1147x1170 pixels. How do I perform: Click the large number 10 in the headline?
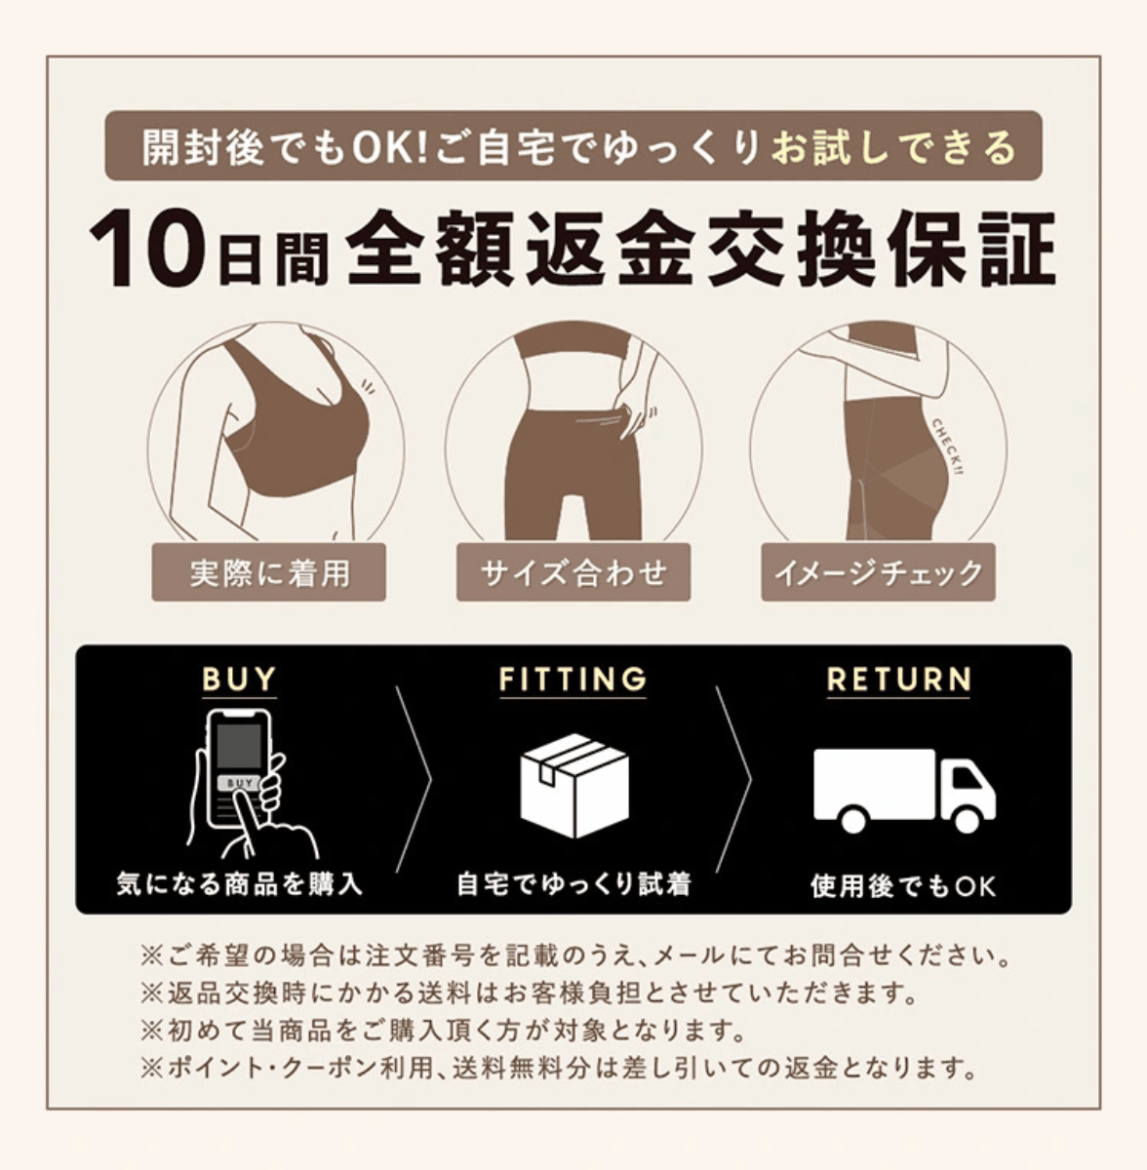[149, 249]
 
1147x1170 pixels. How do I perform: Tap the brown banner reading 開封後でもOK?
[573, 145]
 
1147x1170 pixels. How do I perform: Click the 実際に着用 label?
[268, 572]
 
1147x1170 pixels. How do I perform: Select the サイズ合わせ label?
[573, 572]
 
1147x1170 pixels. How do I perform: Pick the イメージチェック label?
[878, 572]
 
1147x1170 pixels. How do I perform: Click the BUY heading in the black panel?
[239, 679]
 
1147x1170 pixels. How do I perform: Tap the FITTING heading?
[573, 679]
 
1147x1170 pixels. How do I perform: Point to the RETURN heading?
[898, 679]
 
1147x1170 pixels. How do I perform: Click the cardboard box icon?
[574, 785]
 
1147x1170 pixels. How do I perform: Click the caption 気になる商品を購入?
[240, 884]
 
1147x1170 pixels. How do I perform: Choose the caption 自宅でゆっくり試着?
[574, 884]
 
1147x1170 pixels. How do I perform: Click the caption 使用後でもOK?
[903, 885]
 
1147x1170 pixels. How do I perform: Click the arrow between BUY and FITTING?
[415, 780]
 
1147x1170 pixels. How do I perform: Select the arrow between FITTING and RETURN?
[733, 780]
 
